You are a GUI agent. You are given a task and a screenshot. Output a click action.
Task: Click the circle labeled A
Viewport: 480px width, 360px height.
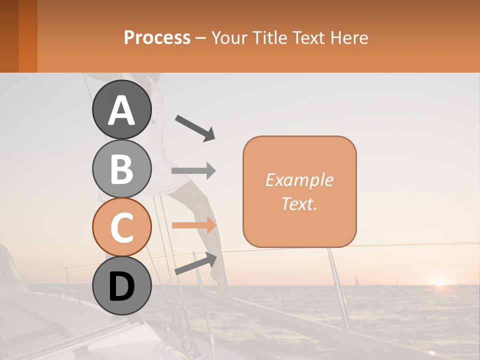click(x=121, y=109)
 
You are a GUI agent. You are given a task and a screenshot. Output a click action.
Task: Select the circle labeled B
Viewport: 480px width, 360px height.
click(x=121, y=168)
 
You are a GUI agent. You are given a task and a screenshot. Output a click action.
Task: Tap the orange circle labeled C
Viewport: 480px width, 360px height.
click(x=121, y=227)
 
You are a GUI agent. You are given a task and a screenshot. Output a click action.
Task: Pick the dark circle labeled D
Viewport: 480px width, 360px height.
click(x=121, y=285)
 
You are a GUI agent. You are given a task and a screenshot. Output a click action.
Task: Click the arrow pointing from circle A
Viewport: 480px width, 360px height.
click(x=195, y=127)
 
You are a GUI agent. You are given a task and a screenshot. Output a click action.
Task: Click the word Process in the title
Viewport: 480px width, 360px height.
click(x=157, y=37)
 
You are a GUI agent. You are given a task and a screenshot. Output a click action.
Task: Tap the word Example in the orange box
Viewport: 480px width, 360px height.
click(x=299, y=180)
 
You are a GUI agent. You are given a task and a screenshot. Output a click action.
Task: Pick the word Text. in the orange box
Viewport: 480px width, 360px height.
click(x=299, y=203)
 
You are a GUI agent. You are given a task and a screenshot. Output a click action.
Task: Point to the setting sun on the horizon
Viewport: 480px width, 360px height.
click(x=439, y=281)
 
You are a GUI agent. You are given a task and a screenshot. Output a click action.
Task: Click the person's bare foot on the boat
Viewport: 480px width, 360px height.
click(x=219, y=280)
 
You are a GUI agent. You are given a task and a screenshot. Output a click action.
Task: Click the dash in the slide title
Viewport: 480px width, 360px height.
click(x=200, y=38)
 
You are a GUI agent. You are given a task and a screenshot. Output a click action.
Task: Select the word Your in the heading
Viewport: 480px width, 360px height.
click(x=228, y=37)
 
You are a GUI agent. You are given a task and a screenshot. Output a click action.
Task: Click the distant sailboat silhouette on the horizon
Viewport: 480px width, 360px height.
click(x=356, y=280)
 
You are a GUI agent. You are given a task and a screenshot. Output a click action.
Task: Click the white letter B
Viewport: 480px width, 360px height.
click(x=121, y=168)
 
